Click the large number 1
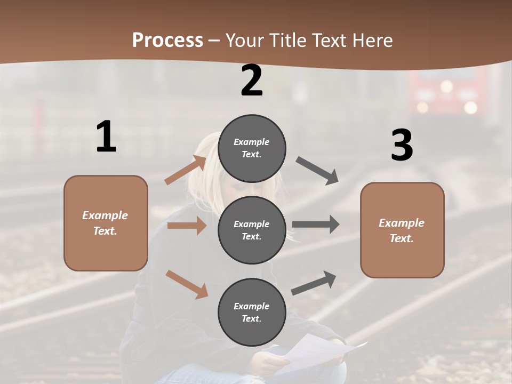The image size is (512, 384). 106,137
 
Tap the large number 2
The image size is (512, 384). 252,81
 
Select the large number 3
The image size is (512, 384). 402,145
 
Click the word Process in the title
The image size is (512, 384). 167,40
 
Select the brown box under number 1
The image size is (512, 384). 106,223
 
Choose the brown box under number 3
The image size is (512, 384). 402,230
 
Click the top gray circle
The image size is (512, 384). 252,148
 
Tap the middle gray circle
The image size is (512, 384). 252,230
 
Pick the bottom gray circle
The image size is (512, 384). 252,312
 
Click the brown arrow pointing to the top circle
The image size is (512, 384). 186,170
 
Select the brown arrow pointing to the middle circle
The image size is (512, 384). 187,226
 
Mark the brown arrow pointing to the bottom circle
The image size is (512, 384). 187,284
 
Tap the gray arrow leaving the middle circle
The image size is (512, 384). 316,224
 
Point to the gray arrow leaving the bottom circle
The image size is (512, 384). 314,283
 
